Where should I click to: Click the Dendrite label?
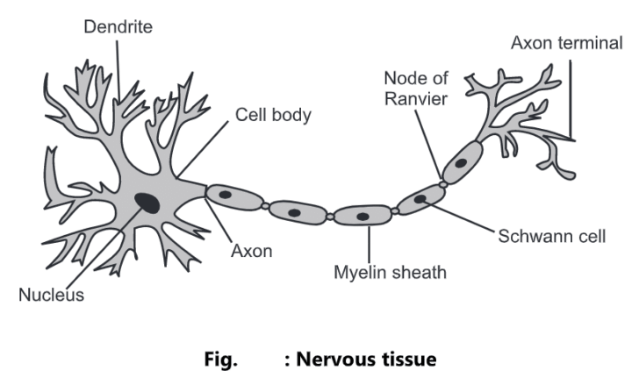click(118, 27)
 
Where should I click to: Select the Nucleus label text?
click(52, 295)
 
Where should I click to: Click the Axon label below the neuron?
click(251, 251)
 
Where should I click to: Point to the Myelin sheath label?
click(390, 272)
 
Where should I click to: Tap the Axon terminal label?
click(567, 42)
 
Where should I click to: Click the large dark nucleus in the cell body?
click(147, 203)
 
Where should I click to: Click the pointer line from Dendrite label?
click(119, 70)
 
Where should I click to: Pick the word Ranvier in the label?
click(415, 98)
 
